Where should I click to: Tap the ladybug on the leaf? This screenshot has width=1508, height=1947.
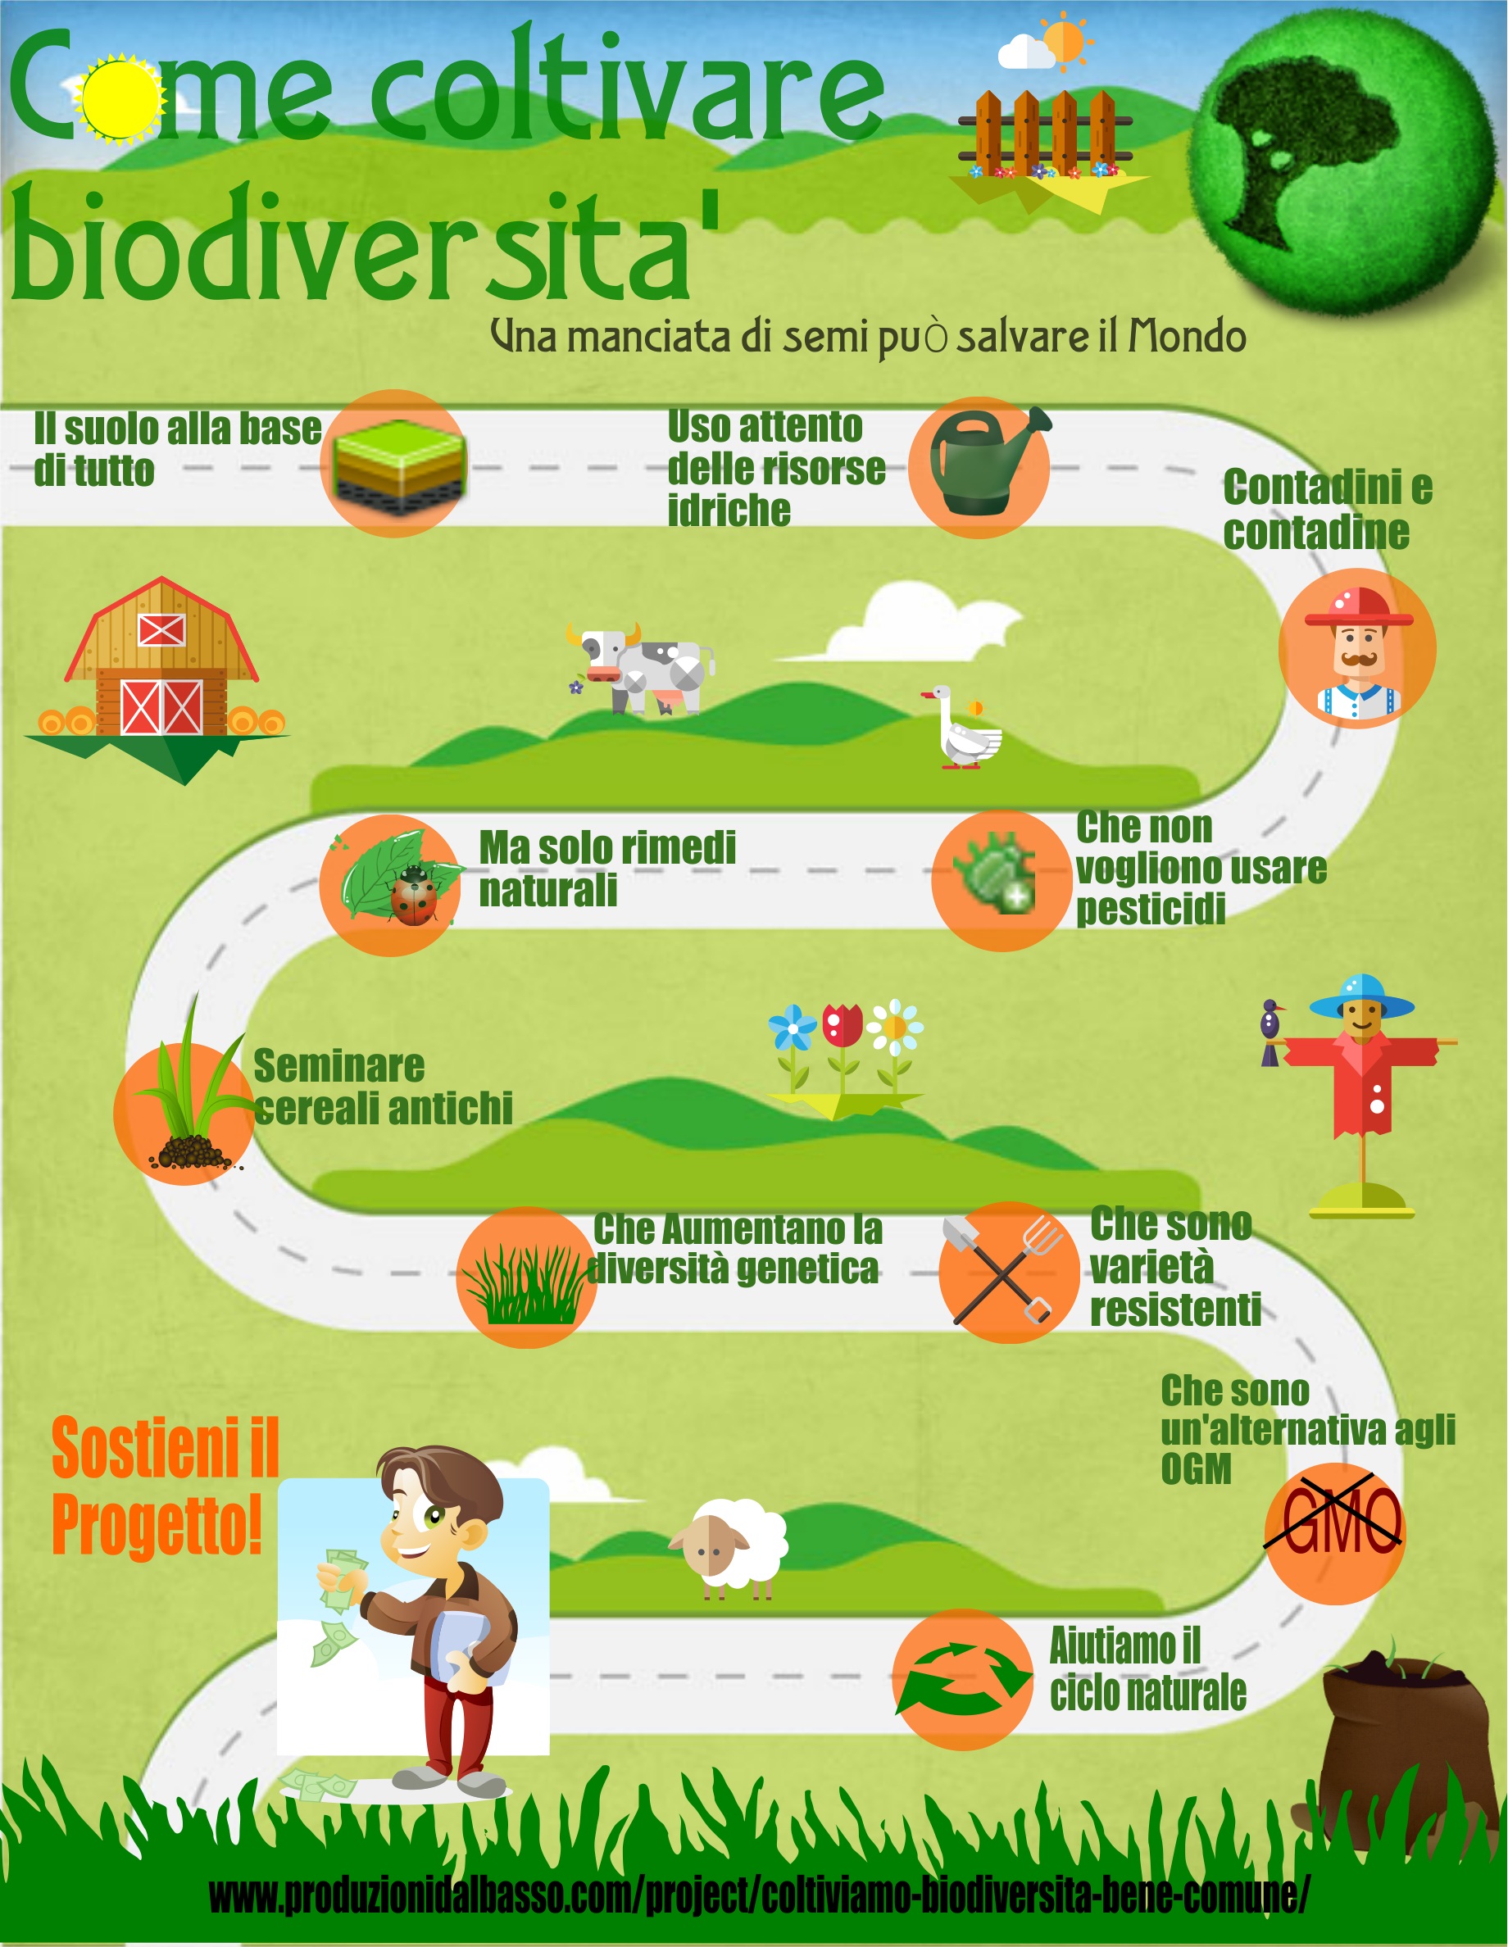point(413,894)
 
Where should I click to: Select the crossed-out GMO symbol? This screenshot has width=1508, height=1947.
point(1334,1522)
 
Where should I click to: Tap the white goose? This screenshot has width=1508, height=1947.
point(964,728)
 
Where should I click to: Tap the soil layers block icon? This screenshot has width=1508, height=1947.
point(397,466)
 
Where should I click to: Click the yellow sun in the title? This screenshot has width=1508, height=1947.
point(120,98)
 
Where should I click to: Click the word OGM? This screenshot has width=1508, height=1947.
point(1196,1468)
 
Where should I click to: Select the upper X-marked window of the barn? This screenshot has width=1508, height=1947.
point(161,630)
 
